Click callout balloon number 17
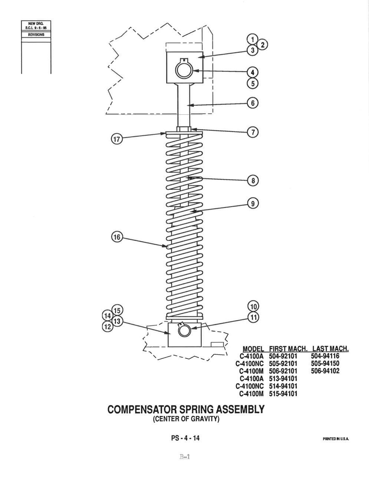pyautogui.click(x=117, y=139)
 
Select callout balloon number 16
pyautogui.click(x=117, y=237)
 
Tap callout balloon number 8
pyautogui.click(x=253, y=181)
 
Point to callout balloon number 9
pyautogui.click(x=253, y=204)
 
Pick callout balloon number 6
pyautogui.click(x=253, y=103)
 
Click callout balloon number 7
pyautogui.click(x=253, y=132)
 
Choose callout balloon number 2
pyautogui.click(x=263, y=45)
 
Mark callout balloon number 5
pyautogui.click(x=253, y=84)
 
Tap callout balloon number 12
pyautogui.click(x=108, y=327)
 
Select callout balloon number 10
pyautogui.click(x=253, y=306)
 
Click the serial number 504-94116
pyautogui.click(x=325, y=356)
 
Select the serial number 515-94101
pyautogui.click(x=283, y=394)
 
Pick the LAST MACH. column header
pyautogui.click(x=330, y=349)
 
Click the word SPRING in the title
pyautogui.click(x=196, y=409)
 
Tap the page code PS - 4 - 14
pyautogui.click(x=185, y=438)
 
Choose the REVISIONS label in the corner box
pyautogui.click(x=36, y=35)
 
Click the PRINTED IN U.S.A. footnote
pyautogui.click(x=336, y=439)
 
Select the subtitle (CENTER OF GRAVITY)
pyautogui.click(x=186, y=419)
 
